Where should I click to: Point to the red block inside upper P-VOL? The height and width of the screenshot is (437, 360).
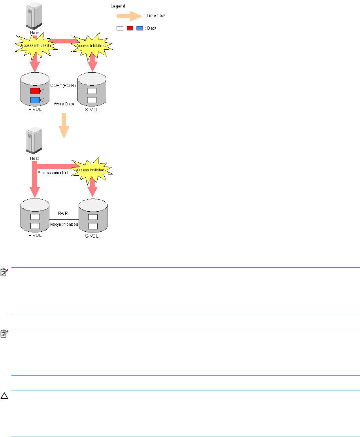pos(35,91)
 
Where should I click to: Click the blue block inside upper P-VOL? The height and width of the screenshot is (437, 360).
pos(35,100)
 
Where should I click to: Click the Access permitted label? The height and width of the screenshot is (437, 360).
pos(53,173)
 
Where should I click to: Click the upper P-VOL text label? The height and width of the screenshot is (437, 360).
pos(35,110)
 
